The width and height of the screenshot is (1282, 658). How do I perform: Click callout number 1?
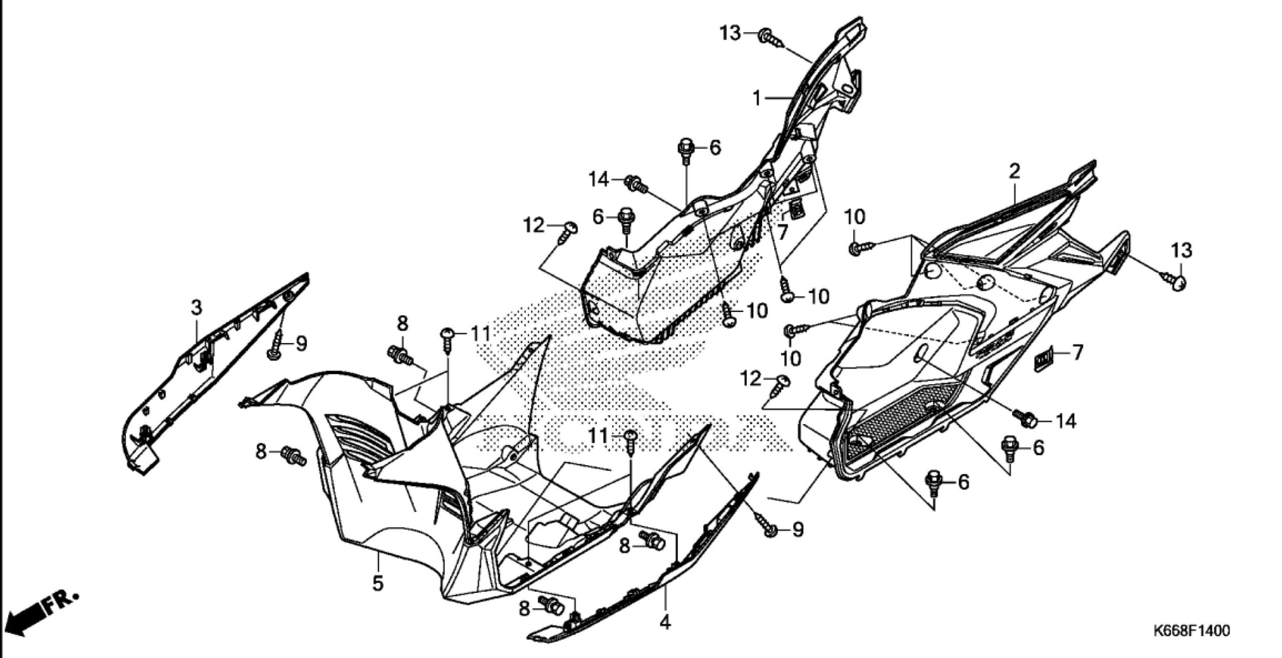tap(758, 99)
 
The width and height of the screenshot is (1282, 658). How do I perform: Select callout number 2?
tap(1014, 172)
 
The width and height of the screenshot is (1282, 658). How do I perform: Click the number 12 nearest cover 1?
tap(534, 226)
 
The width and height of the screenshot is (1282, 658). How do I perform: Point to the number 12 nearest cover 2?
tap(752, 379)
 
